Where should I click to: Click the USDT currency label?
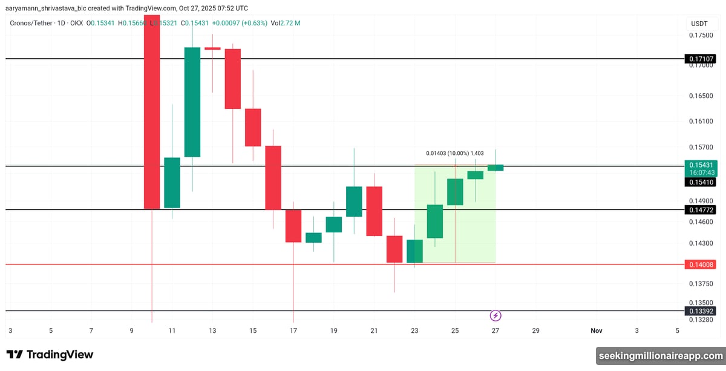699,24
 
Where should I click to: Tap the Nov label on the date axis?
597,330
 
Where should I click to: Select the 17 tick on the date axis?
293,330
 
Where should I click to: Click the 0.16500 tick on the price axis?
701,96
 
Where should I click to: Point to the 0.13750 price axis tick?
701,283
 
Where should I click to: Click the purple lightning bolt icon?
495,315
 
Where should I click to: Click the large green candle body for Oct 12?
192,102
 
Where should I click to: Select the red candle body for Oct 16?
273,177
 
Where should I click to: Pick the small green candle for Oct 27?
495,168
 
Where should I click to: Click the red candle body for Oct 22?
394,249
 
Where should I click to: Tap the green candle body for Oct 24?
435,221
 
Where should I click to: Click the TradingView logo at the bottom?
50,355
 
